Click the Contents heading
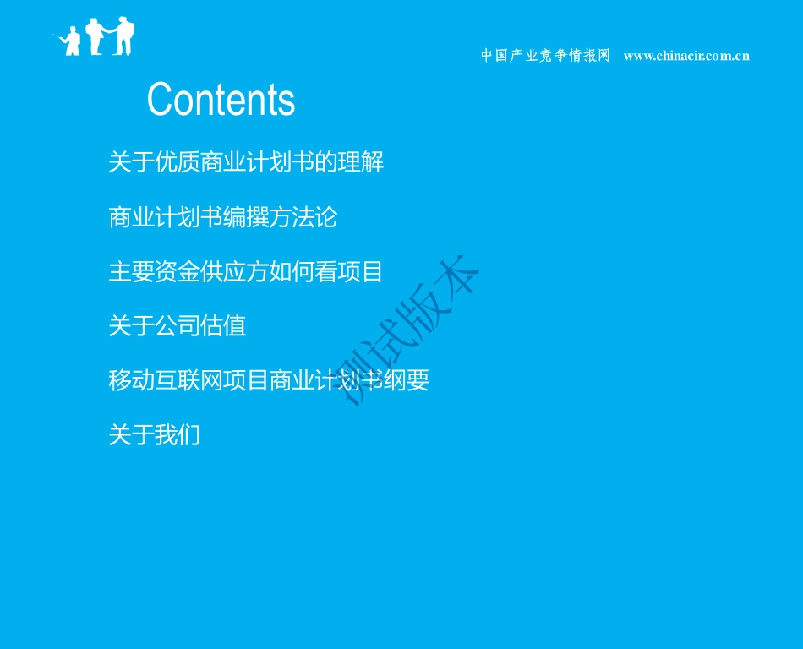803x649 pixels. [221, 100]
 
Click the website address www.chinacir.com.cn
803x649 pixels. [686, 56]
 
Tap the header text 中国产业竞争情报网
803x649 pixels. [545, 56]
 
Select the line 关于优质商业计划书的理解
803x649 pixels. [246, 161]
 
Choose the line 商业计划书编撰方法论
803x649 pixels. [223, 217]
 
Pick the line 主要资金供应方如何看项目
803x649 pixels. [246, 271]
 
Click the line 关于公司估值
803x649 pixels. [178, 325]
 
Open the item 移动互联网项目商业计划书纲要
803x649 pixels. [269, 380]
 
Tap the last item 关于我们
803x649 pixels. [155, 435]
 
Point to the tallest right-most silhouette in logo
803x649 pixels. [125, 36]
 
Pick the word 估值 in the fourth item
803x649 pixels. [224, 325]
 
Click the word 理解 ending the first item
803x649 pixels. [361, 161]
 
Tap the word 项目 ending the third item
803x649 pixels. [361, 271]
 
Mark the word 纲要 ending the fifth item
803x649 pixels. [407, 380]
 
